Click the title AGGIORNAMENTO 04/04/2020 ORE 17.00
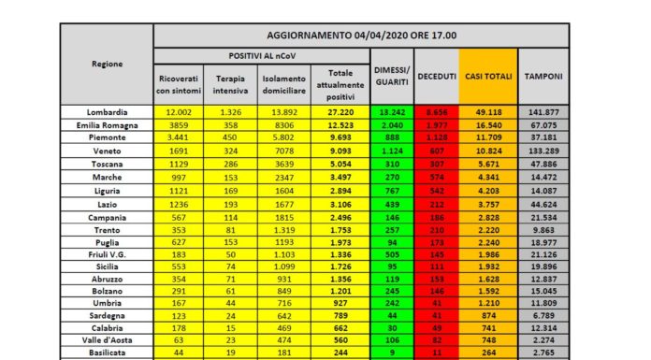click(x=361, y=35)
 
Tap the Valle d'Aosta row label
click(x=106, y=340)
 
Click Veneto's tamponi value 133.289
click(x=543, y=150)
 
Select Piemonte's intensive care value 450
click(x=230, y=137)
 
